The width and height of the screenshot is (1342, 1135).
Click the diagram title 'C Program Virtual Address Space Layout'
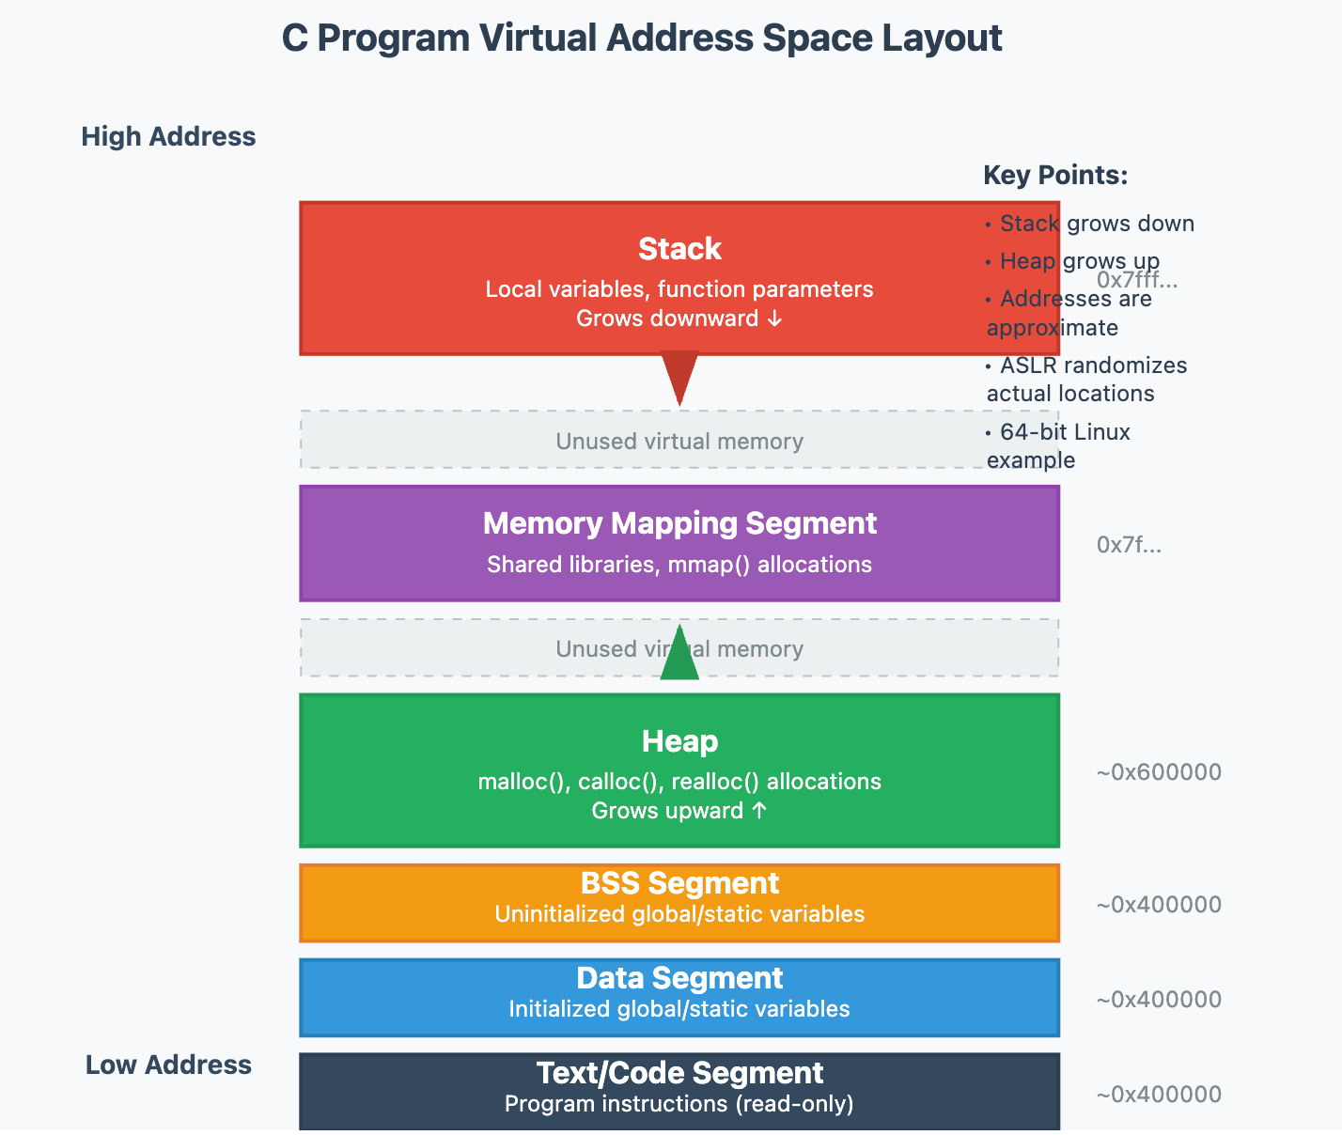(642, 39)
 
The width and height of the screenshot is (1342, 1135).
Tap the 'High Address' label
(168, 137)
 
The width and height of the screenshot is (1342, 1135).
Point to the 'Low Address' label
(168, 1065)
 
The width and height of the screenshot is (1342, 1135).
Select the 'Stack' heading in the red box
(679, 249)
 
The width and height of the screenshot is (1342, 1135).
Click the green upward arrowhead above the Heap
(679, 654)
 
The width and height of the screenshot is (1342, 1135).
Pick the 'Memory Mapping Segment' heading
(679, 523)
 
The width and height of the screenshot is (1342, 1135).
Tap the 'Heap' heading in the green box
(679, 741)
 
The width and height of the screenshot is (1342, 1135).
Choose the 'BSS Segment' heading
(679, 884)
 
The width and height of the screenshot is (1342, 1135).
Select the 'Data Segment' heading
(679, 979)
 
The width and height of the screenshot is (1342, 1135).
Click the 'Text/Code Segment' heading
(679, 1074)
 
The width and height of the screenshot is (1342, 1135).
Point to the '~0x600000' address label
(1159, 772)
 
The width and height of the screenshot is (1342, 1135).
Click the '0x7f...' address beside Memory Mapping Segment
(1129, 545)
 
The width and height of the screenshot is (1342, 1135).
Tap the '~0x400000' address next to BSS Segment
(1159, 905)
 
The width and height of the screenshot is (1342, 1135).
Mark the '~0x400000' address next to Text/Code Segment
(1159, 1095)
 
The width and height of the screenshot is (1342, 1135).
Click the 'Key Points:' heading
(1055, 176)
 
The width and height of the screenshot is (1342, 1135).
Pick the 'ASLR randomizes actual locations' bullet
(1086, 380)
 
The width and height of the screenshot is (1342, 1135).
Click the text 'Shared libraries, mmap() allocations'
(679, 565)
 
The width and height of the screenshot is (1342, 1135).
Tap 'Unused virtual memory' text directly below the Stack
(679, 442)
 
